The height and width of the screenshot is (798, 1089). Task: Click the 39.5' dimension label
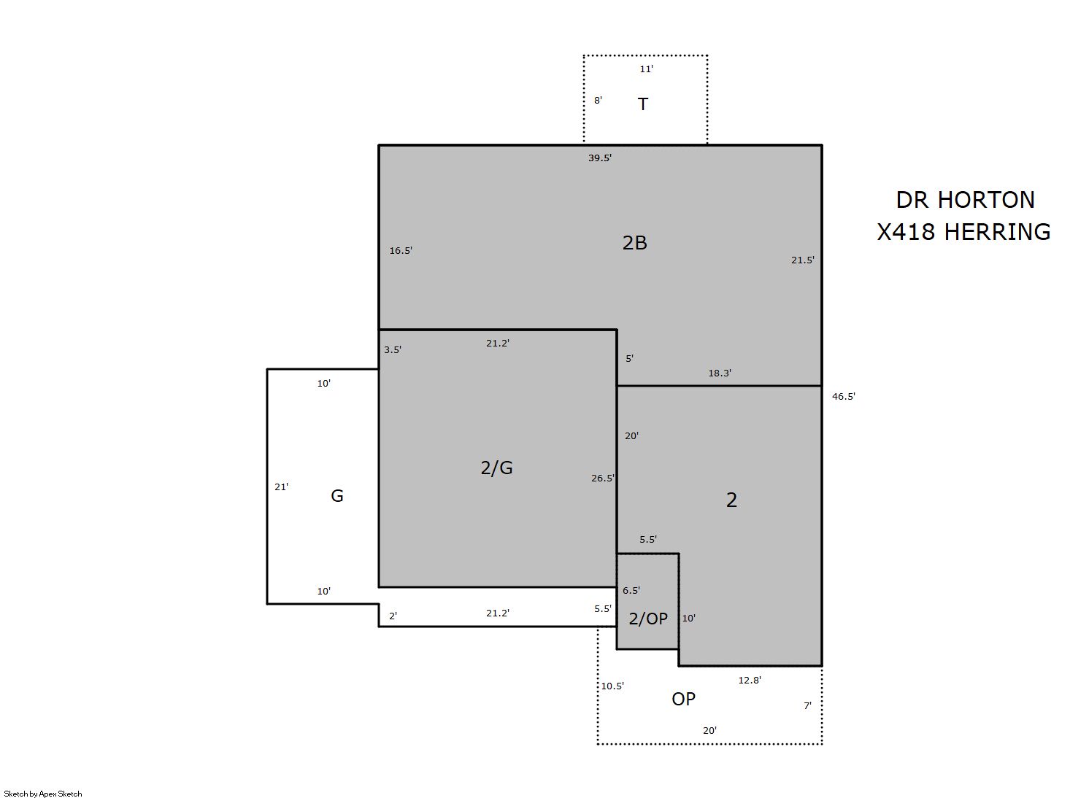599,158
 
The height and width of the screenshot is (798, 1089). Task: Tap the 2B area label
634,242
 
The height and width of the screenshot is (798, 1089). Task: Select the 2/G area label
496,468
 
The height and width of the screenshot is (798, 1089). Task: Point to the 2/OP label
648,619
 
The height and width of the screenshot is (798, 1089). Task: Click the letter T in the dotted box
643,104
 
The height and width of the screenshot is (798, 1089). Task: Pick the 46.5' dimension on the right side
844,396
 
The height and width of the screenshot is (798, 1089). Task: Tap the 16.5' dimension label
401,251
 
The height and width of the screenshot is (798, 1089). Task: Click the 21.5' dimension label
803,260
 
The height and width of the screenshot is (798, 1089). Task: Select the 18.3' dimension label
720,373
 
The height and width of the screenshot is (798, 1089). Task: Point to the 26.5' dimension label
603,479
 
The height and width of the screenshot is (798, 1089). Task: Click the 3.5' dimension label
393,350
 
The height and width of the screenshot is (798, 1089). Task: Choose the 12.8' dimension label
750,681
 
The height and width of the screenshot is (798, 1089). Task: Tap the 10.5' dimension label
612,686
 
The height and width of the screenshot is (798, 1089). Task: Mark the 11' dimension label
646,69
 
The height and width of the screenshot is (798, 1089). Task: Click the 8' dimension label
598,100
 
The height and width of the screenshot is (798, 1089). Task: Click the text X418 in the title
907,232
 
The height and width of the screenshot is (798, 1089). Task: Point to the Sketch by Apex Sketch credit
43,794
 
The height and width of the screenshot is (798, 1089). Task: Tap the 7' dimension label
807,705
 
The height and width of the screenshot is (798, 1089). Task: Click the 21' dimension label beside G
282,487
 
